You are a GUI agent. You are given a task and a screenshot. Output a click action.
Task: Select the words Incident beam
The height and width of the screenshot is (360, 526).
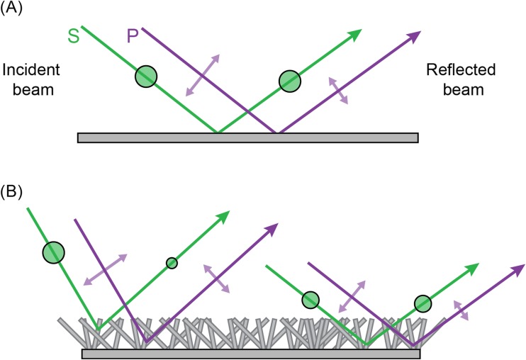click(33, 81)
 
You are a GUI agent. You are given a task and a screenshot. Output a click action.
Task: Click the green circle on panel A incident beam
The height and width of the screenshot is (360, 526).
click(146, 75)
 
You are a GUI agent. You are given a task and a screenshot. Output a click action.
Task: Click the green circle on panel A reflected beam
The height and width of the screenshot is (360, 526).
click(289, 81)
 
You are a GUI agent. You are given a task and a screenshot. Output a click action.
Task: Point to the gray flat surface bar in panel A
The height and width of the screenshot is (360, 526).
click(247, 137)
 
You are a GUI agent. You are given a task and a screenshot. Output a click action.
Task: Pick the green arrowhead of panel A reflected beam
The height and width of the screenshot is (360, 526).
click(355, 34)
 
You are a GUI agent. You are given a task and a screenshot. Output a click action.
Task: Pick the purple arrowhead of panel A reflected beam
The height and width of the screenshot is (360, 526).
click(413, 36)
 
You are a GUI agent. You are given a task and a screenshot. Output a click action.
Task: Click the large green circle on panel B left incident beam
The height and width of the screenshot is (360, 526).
click(53, 252)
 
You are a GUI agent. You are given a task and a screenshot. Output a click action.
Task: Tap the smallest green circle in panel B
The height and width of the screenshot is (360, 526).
click(172, 263)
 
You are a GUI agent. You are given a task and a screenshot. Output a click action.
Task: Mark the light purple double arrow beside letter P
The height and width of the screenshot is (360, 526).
click(203, 74)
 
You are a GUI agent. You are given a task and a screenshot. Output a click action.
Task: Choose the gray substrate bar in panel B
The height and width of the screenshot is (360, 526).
click(252, 353)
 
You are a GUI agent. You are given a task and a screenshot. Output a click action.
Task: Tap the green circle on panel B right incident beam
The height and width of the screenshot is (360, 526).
click(310, 300)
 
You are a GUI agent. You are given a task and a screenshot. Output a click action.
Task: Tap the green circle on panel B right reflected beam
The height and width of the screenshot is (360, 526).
click(423, 303)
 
